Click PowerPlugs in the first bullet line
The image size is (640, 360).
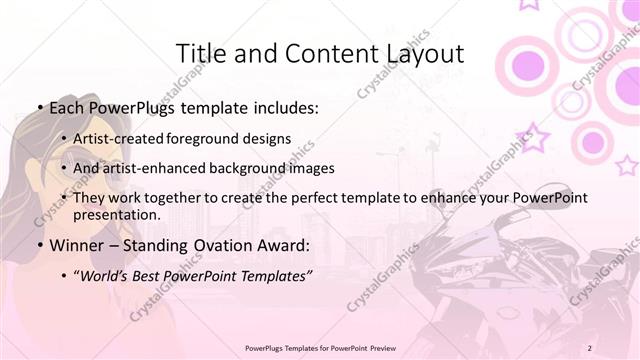click(x=136, y=108)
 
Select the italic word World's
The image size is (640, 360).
click(x=107, y=275)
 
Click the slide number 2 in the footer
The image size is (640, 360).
click(x=589, y=347)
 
